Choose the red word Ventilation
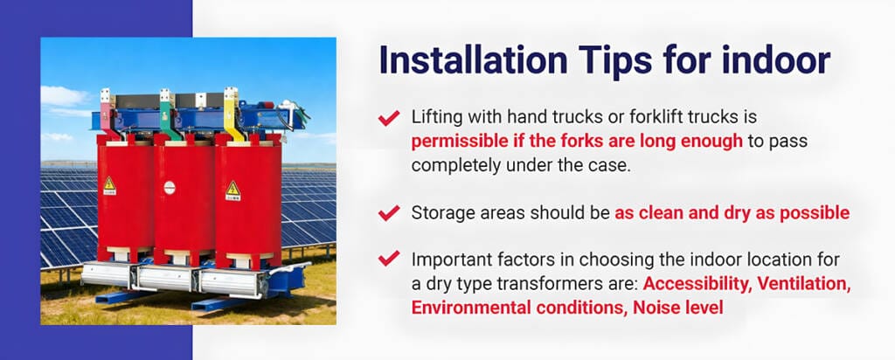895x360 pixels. tap(803, 284)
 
